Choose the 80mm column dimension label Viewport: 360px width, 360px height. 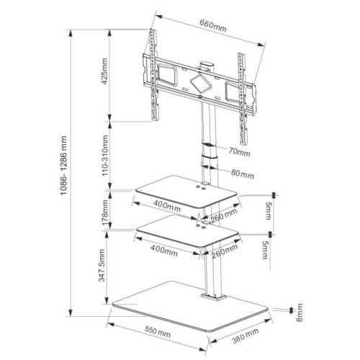click(243, 174)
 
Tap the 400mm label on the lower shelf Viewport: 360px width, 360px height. click(166, 251)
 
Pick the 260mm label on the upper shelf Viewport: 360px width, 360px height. click(225, 214)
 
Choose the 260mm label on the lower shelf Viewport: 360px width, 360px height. click(225, 251)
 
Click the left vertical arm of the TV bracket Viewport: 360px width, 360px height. click(153, 76)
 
